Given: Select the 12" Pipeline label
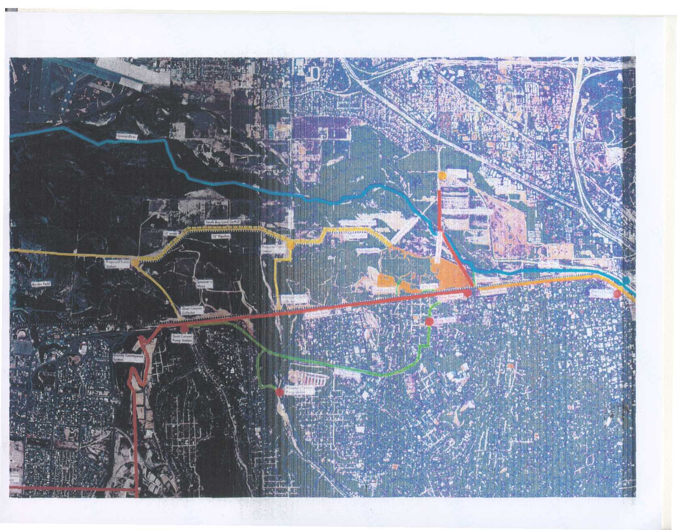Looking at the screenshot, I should [220, 238].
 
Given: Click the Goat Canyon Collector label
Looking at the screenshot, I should [204, 309].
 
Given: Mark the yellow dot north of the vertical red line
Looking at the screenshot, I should [442, 175].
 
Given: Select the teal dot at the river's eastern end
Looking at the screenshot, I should [626, 279].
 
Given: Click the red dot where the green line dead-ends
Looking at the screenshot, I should [279, 391].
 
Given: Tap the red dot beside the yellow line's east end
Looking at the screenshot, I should [617, 294].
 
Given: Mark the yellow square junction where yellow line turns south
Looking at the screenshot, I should [290, 244].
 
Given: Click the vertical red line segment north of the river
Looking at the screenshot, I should [439, 210].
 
